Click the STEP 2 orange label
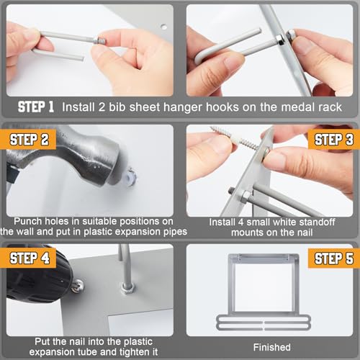[28, 140]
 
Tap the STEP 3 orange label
[334, 140]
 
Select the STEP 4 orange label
[28, 258]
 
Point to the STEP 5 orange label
[334, 258]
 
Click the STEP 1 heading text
[36, 107]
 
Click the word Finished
[272, 347]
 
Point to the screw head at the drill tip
[78, 285]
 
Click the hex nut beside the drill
[127, 287]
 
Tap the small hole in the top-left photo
[164, 27]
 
